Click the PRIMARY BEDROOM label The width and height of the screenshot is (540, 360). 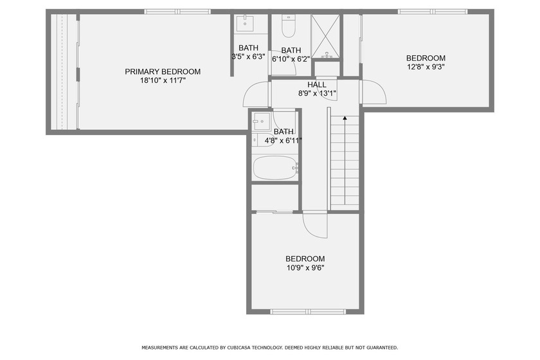163,71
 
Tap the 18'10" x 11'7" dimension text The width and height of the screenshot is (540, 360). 163,80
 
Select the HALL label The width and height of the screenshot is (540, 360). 317,85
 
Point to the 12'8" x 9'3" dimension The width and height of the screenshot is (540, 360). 426,67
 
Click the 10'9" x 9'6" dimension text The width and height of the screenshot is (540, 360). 305,267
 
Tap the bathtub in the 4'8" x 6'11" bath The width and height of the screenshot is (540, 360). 275,168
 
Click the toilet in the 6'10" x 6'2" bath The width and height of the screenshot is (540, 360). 288,26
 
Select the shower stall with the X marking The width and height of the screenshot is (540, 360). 325,37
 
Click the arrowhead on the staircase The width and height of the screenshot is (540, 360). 345,118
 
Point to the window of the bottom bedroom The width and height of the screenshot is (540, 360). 307,312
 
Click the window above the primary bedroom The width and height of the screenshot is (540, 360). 177,12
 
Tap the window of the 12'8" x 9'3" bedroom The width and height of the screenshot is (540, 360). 433,12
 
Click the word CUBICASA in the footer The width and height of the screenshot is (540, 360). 239,348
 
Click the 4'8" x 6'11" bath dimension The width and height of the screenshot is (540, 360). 283,141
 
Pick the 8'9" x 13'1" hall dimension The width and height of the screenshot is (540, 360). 317,93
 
